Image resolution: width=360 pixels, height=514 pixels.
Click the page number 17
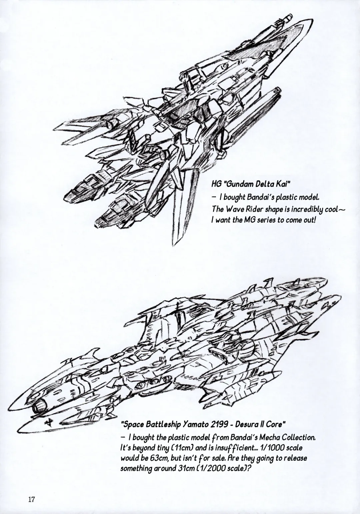pyautogui.click(x=32, y=500)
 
